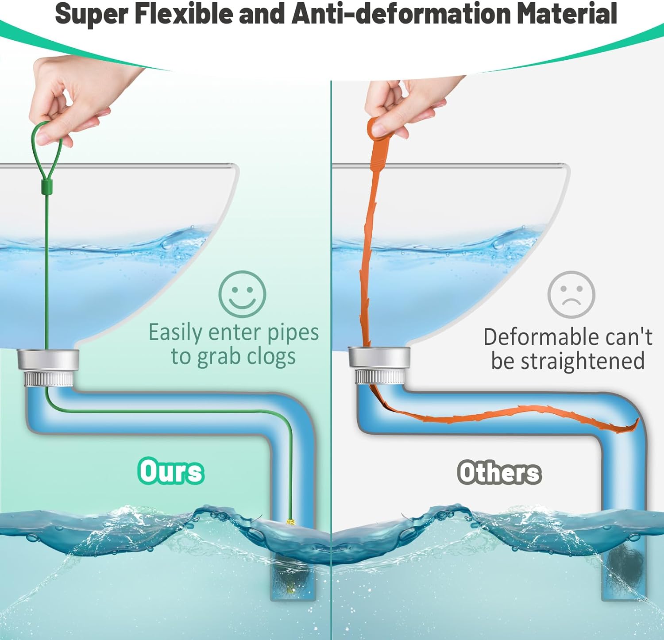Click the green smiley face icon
(x=242, y=294)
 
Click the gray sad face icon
(x=571, y=294)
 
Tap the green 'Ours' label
(x=171, y=470)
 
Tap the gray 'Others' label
(x=499, y=472)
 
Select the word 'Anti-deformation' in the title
(x=402, y=13)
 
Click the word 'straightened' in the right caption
(x=582, y=361)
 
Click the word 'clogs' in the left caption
(x=271, y=357)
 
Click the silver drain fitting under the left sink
(x=48, y=367)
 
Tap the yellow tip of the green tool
(x=290, y=523)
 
